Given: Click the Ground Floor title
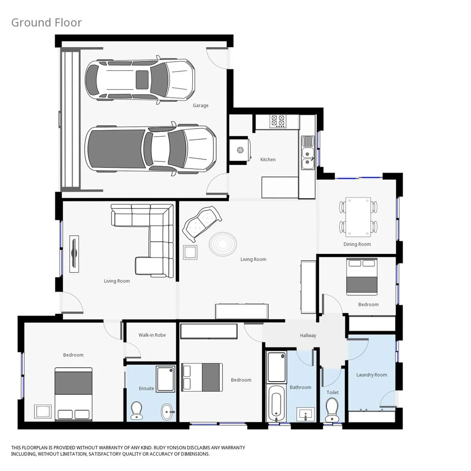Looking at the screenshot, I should click(46, 23).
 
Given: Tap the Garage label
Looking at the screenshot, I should click(201, 106).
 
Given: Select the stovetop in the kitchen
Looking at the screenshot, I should click(278, 121).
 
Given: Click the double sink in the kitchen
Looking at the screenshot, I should click(308, 153).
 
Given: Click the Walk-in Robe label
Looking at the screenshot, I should click(152, 335).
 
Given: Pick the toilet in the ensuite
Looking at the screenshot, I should click(137, 410).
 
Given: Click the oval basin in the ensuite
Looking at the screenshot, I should click(167, 411).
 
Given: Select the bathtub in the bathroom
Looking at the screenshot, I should click(276, 402).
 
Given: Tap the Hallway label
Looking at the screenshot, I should click(308, 335).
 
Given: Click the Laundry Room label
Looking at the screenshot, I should click(372, 375).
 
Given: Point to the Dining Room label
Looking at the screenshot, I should click(357, 244).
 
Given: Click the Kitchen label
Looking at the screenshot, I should click(268, 160).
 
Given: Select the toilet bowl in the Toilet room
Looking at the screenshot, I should click(332, 409).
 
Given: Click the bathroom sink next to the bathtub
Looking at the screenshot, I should click(305, 414).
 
